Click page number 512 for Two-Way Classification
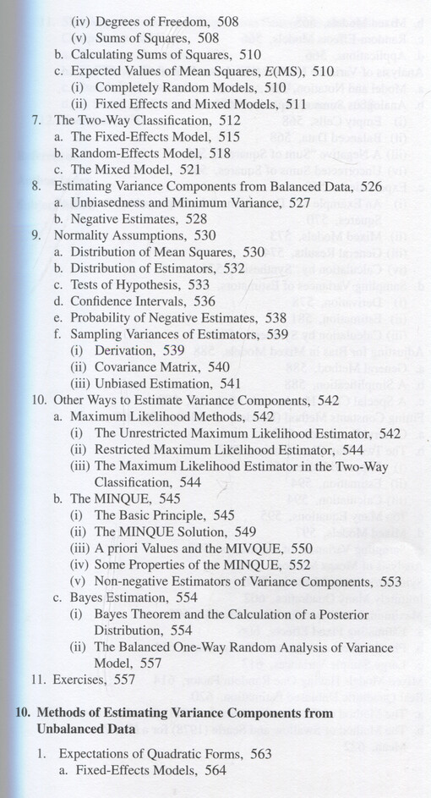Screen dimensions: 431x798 pos(228,121)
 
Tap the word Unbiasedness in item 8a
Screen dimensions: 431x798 pos(106,201)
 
